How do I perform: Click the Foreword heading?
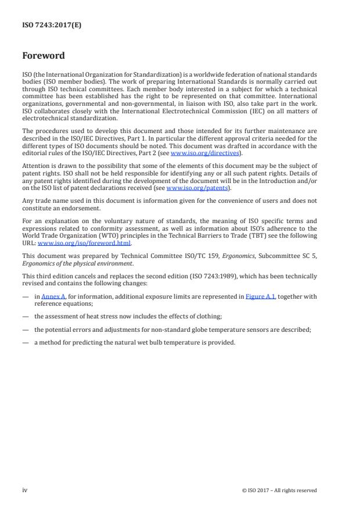click(44, 56)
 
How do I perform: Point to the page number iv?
click(25, 490)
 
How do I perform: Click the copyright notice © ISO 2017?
click(279, 490)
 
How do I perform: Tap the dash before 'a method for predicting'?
click(25, 342)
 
